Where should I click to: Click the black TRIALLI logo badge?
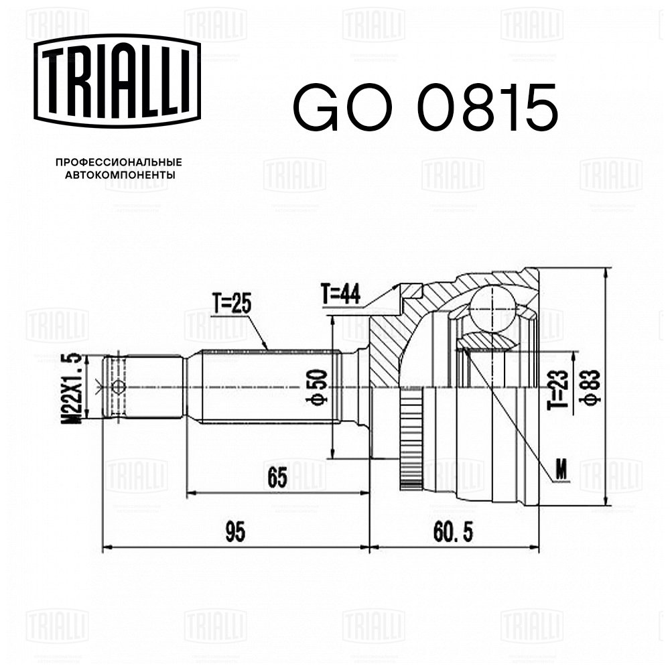[x=117, y=81]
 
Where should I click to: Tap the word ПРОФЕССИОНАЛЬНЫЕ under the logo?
[x=119, y=162]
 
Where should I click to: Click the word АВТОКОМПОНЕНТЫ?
[x=119, y=175]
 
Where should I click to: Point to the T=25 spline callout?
[x=232, y=304]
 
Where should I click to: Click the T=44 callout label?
[x=340, y=294]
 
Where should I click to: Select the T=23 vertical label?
[x=558, y=389]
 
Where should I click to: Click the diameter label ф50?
[x=317, y=387]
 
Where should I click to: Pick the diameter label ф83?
[x=590, y=387]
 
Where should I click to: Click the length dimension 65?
[x=277, y=478]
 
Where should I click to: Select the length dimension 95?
[x=235, y=533]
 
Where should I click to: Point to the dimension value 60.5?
[x=453, y=533]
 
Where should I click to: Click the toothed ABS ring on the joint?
[x=410, y=438]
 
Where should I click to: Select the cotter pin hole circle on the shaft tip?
[x=119, y=387]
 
